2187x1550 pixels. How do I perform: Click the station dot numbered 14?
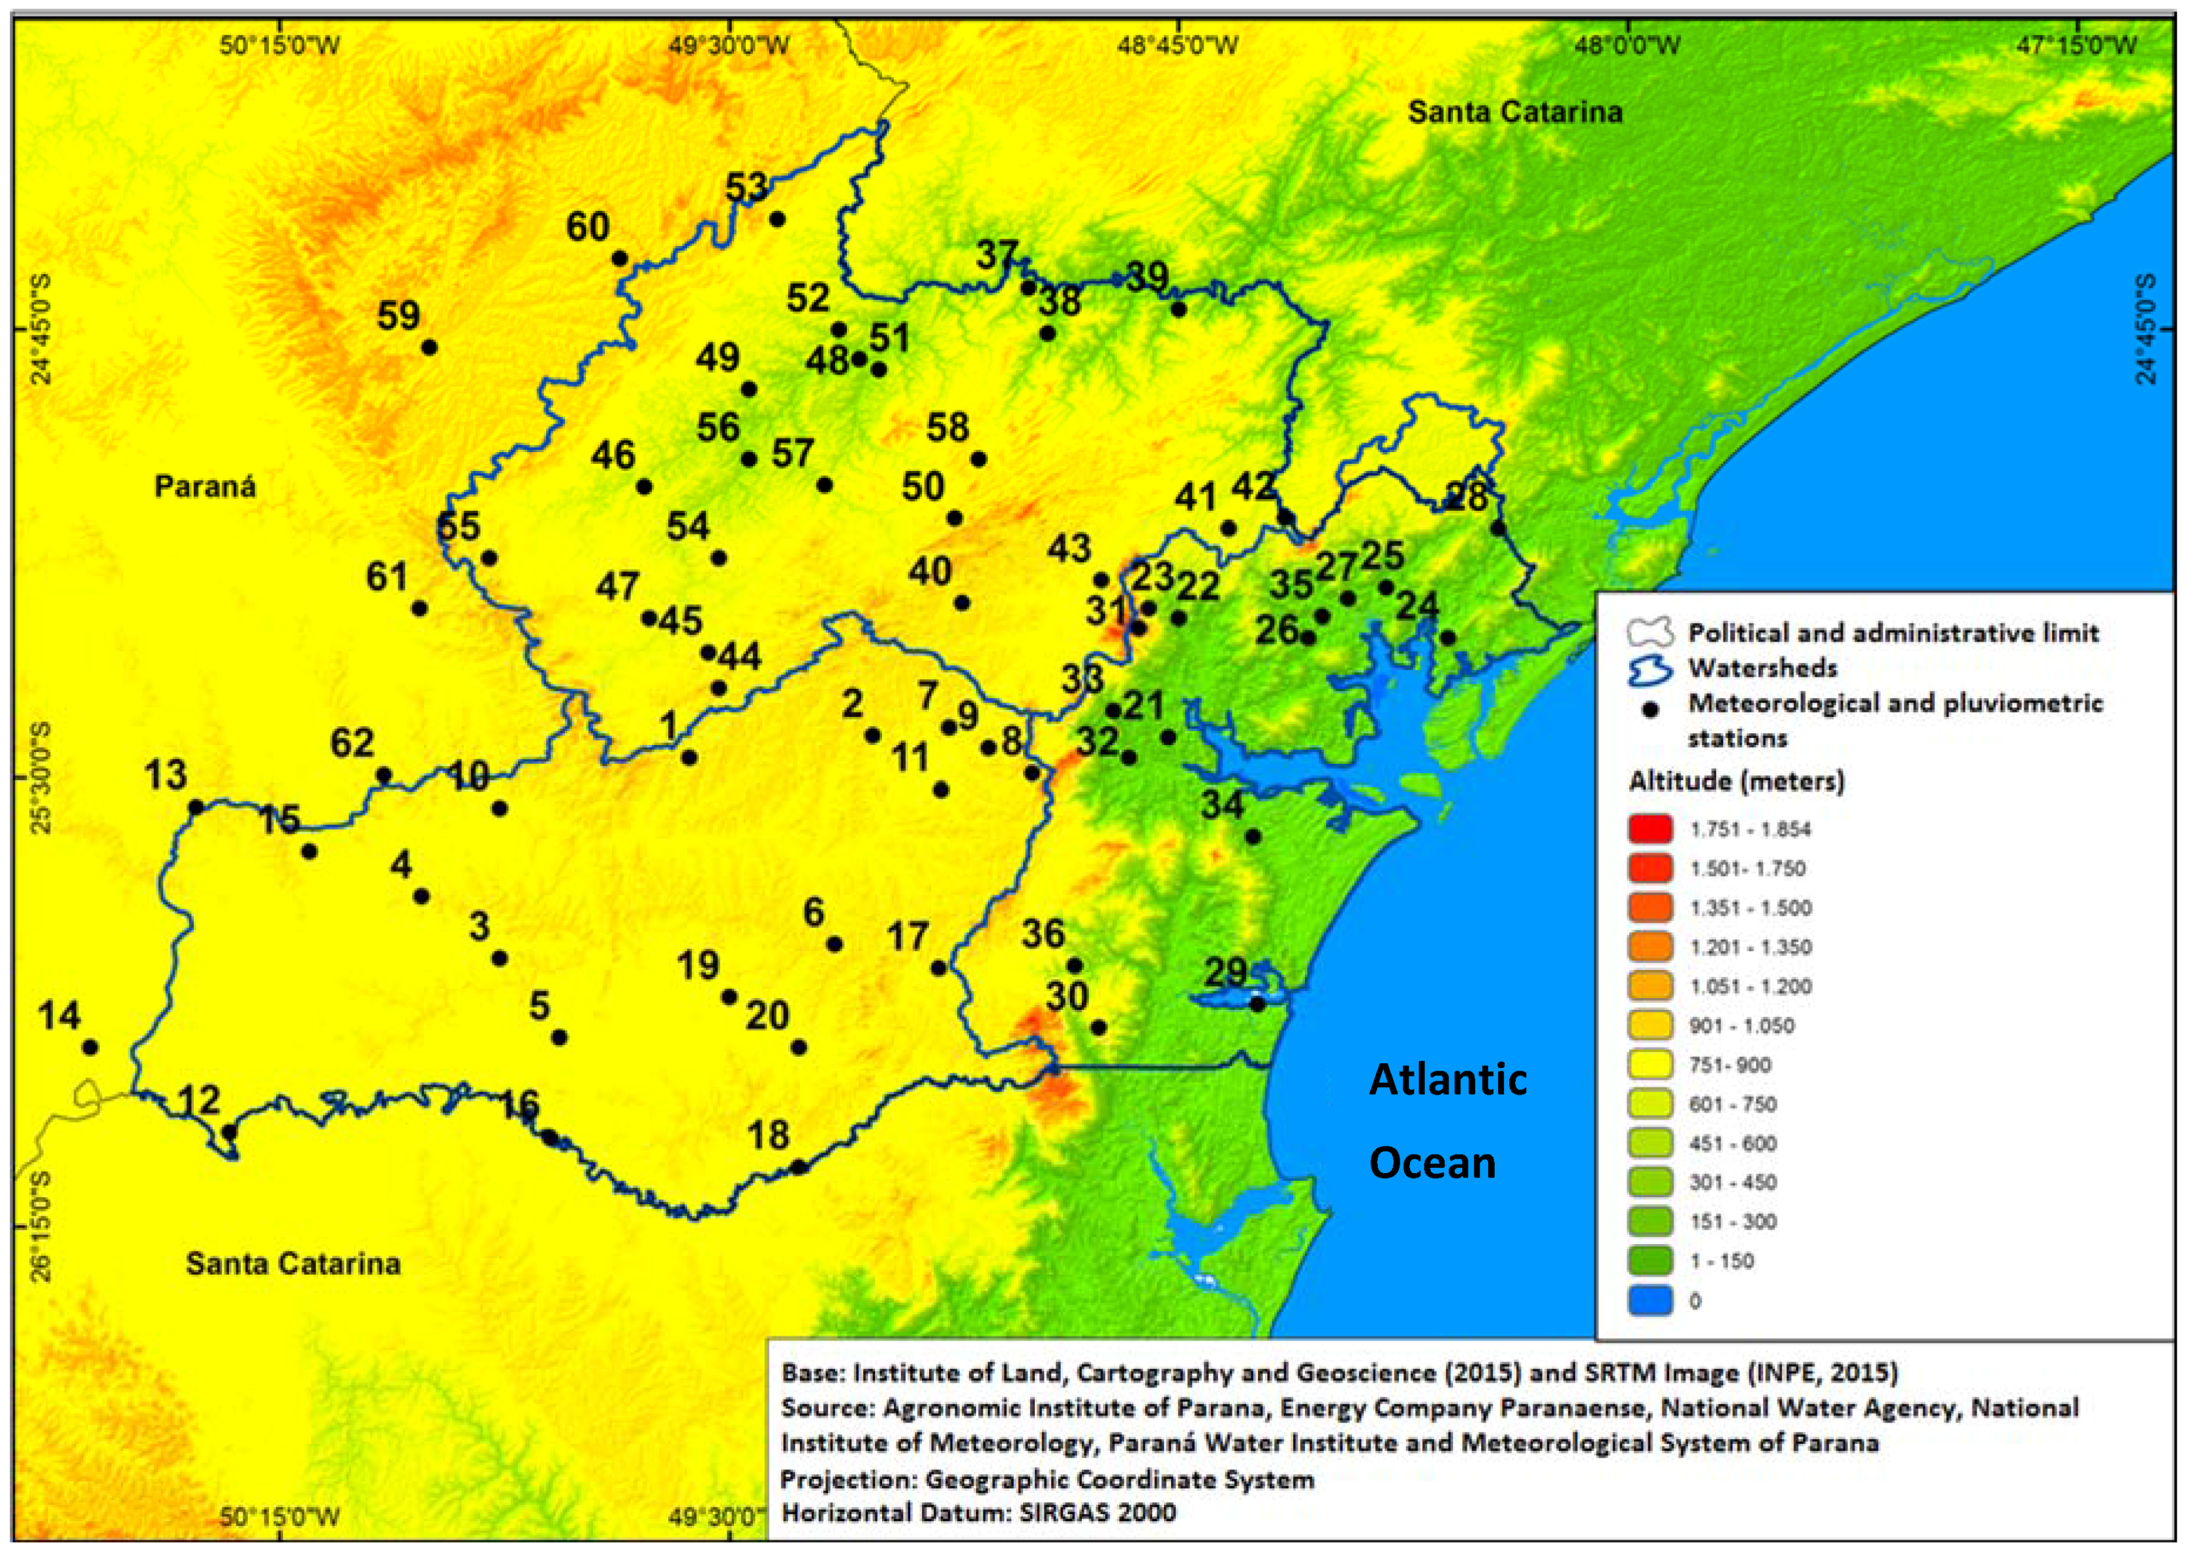(91, 1047)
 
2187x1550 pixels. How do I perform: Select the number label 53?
(746, 187)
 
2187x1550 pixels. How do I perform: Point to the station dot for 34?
(1253, 837)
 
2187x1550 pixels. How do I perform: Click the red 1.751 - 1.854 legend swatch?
(1651, 828)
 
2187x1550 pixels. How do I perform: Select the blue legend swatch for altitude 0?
(1651, 1300)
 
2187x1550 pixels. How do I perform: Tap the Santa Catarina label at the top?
(1515, 112)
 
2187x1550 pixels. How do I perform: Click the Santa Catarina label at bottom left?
(293, 1264)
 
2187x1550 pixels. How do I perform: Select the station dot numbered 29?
(1257, 1004)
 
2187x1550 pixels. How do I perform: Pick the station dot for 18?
(799, 1166)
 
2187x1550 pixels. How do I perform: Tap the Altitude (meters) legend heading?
(1736, 781)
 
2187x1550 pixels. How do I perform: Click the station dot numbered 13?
(196, 806)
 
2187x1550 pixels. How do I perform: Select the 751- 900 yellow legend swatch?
(1651, 1064)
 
